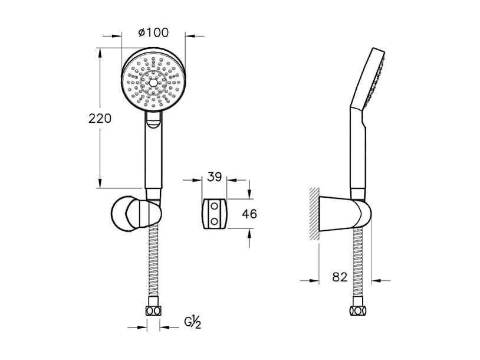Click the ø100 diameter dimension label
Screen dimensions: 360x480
153,33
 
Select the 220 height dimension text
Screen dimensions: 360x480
100,119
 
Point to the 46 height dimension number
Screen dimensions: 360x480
250,214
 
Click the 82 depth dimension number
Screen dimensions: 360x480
340,277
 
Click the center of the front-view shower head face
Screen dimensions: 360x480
153,83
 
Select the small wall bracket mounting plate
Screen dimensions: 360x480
214,214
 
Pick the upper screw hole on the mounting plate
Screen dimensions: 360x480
215,207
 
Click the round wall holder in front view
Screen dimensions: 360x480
129,214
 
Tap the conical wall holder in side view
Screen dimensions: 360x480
339,214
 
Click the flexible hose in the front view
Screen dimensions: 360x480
153,266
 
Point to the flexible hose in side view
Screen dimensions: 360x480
357,266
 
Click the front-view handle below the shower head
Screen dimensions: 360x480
153,159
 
